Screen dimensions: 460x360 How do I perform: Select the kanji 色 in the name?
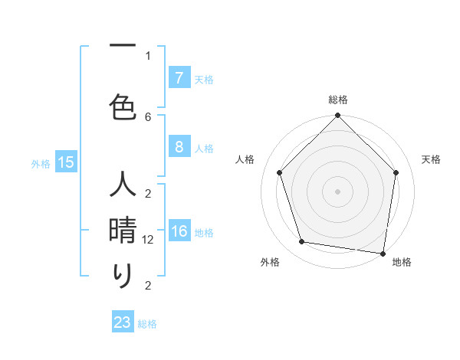point(123,106)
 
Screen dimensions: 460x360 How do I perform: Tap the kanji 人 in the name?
point(123,185)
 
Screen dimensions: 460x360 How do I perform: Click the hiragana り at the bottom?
point(123,275)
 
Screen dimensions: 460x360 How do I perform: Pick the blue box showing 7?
point(179,78)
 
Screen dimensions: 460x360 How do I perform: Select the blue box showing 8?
point(179,147)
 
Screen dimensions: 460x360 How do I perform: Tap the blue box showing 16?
point(179,232)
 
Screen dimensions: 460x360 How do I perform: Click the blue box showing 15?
point(65,162)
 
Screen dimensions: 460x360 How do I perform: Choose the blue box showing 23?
point(123,322)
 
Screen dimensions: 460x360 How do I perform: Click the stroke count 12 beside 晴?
point(149,240)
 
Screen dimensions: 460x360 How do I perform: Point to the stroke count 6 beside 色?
point(148,116)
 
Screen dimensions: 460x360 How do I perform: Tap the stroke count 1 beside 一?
point(148,55)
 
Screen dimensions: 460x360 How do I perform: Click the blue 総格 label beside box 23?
point(148,324)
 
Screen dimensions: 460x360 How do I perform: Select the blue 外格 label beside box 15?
point(41,163)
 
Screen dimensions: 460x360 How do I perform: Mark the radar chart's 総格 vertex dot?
point(337,116)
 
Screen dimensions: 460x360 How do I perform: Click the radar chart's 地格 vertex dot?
point(383,253)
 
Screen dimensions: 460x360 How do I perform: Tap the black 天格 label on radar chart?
point(432,159)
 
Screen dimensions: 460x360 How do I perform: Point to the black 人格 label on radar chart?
point(245,159)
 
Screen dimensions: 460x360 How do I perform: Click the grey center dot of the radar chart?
point(337,191)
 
